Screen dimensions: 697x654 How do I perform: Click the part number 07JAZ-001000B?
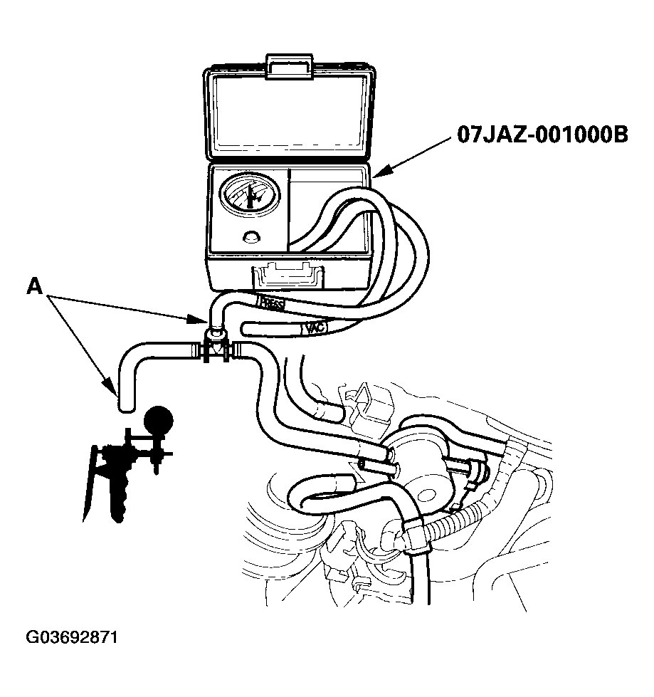tap(542, 135)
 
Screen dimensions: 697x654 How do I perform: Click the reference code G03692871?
tap(71, 636)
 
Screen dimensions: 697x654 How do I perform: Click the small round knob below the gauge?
tap(250, 238)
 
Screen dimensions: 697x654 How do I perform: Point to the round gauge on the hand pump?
tap(158, 419)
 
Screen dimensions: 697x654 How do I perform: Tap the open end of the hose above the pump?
tap(125, 407)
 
